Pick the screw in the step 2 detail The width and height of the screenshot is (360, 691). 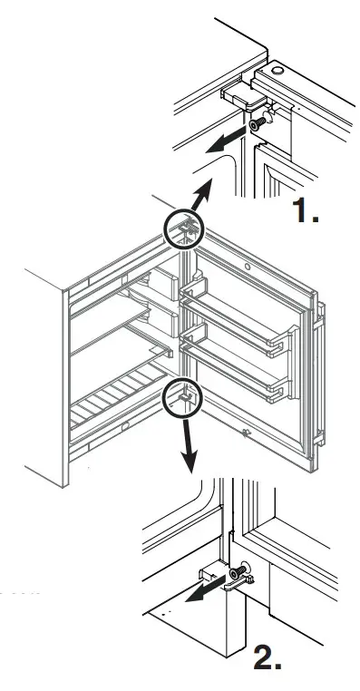[x=239, y=574]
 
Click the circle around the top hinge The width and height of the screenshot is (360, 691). [x=183, y=229]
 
